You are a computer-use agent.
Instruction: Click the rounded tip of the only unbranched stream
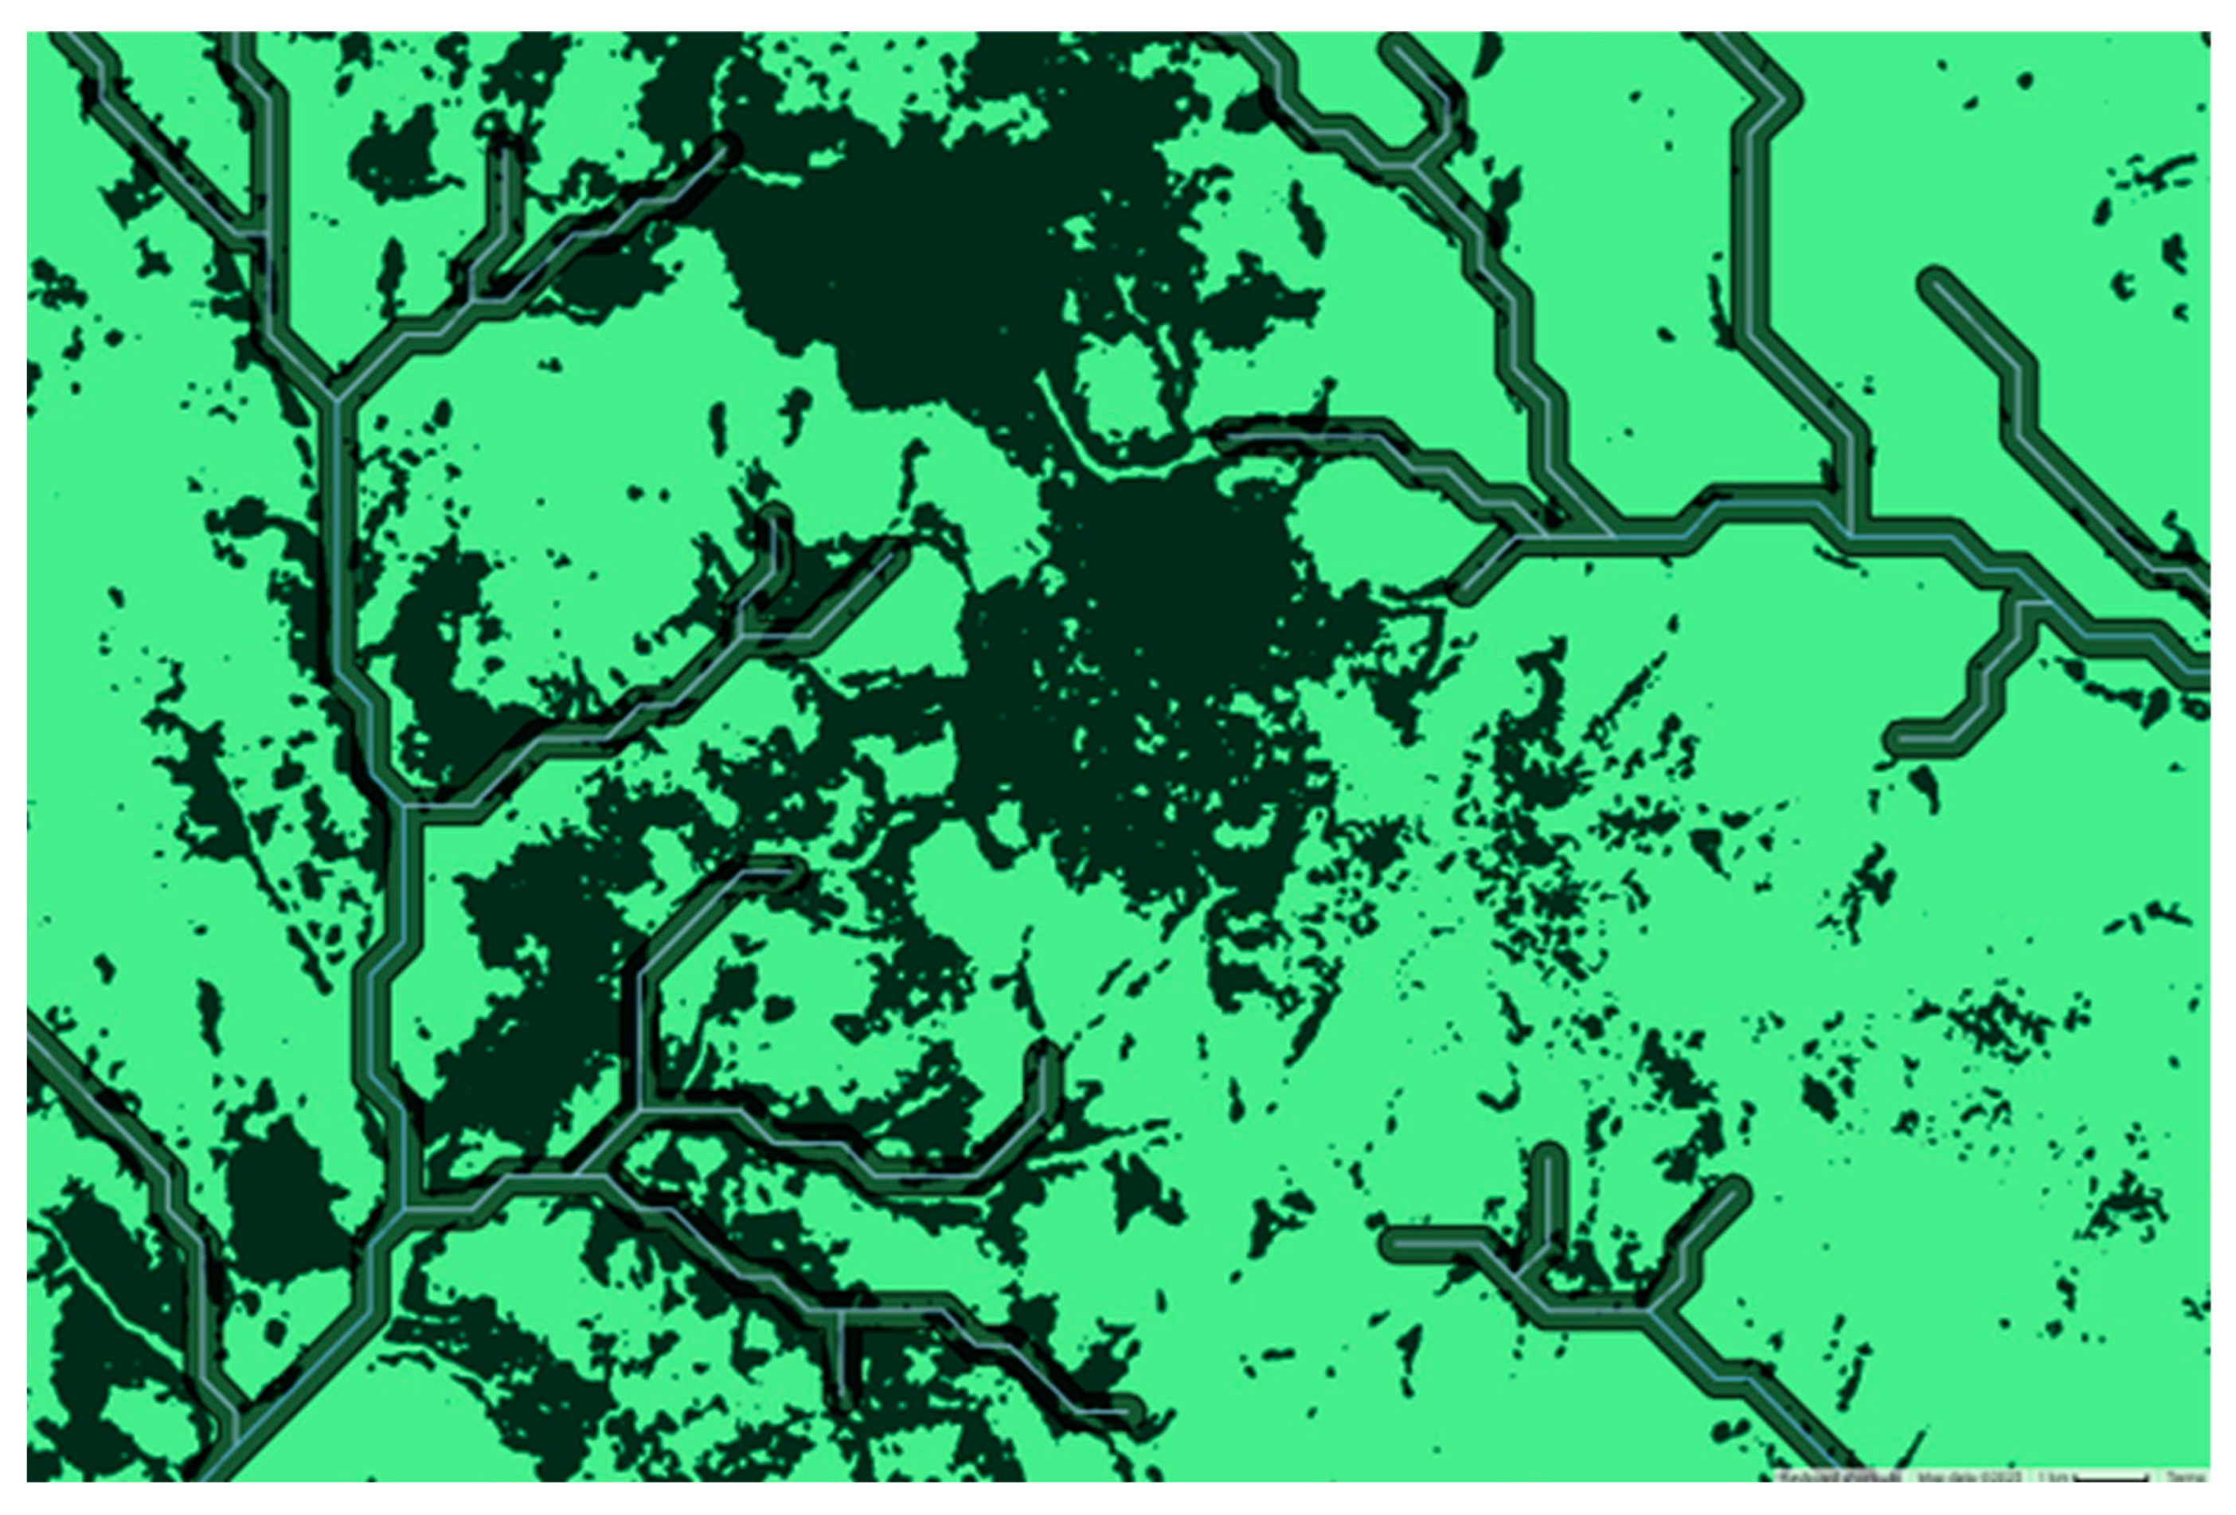click(x=1935, y=283)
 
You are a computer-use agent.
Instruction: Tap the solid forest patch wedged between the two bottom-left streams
click(x=279, y=1202)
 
